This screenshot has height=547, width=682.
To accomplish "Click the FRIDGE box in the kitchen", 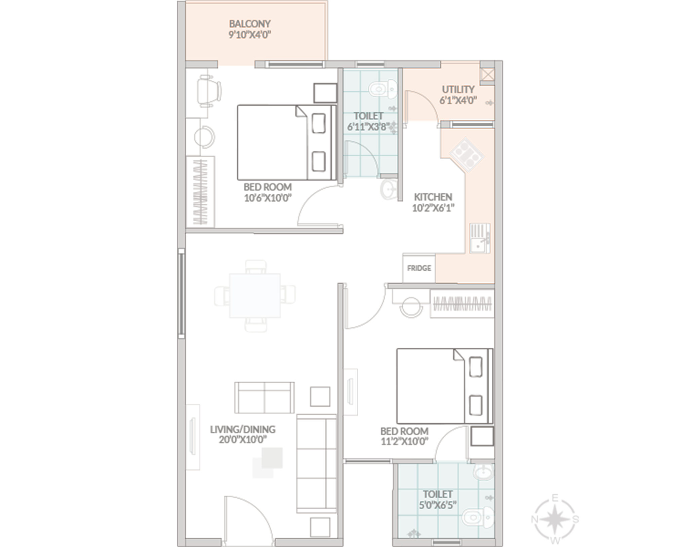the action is click(419, 268).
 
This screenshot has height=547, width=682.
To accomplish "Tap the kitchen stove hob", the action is click(467, 155).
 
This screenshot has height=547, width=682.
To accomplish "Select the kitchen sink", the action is click(480, 238).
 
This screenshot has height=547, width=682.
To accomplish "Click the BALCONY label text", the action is click(250, 24).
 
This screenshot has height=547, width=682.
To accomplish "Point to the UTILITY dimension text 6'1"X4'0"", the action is click(458, 101).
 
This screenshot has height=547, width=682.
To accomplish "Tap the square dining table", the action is click(255, 296).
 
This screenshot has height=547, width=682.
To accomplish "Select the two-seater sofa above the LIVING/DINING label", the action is click(264, 397).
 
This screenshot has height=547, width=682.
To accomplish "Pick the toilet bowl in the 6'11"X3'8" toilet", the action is click(383, 89).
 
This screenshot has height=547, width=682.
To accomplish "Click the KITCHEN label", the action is click(433, 197).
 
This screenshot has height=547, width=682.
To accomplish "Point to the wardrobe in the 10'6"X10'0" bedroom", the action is click(201, 192).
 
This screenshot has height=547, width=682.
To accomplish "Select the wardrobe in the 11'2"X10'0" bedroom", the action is click(462, 304).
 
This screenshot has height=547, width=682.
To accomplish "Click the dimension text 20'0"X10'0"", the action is click(243, 439).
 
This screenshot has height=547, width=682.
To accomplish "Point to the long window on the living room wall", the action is click(182, 292).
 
